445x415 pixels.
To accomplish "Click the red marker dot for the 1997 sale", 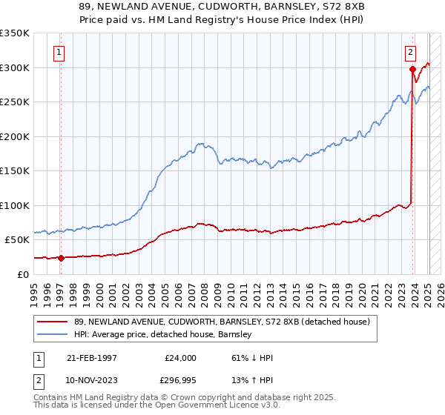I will point(62,258).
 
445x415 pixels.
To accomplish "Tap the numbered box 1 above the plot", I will point(59,52).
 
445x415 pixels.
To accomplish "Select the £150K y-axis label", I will point(15,171).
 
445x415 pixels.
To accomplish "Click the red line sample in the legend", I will point(53,321).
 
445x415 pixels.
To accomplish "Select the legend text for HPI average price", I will point(163,334).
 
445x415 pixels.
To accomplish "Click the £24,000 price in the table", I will point(180,358).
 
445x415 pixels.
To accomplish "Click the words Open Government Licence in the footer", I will point(202,406).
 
